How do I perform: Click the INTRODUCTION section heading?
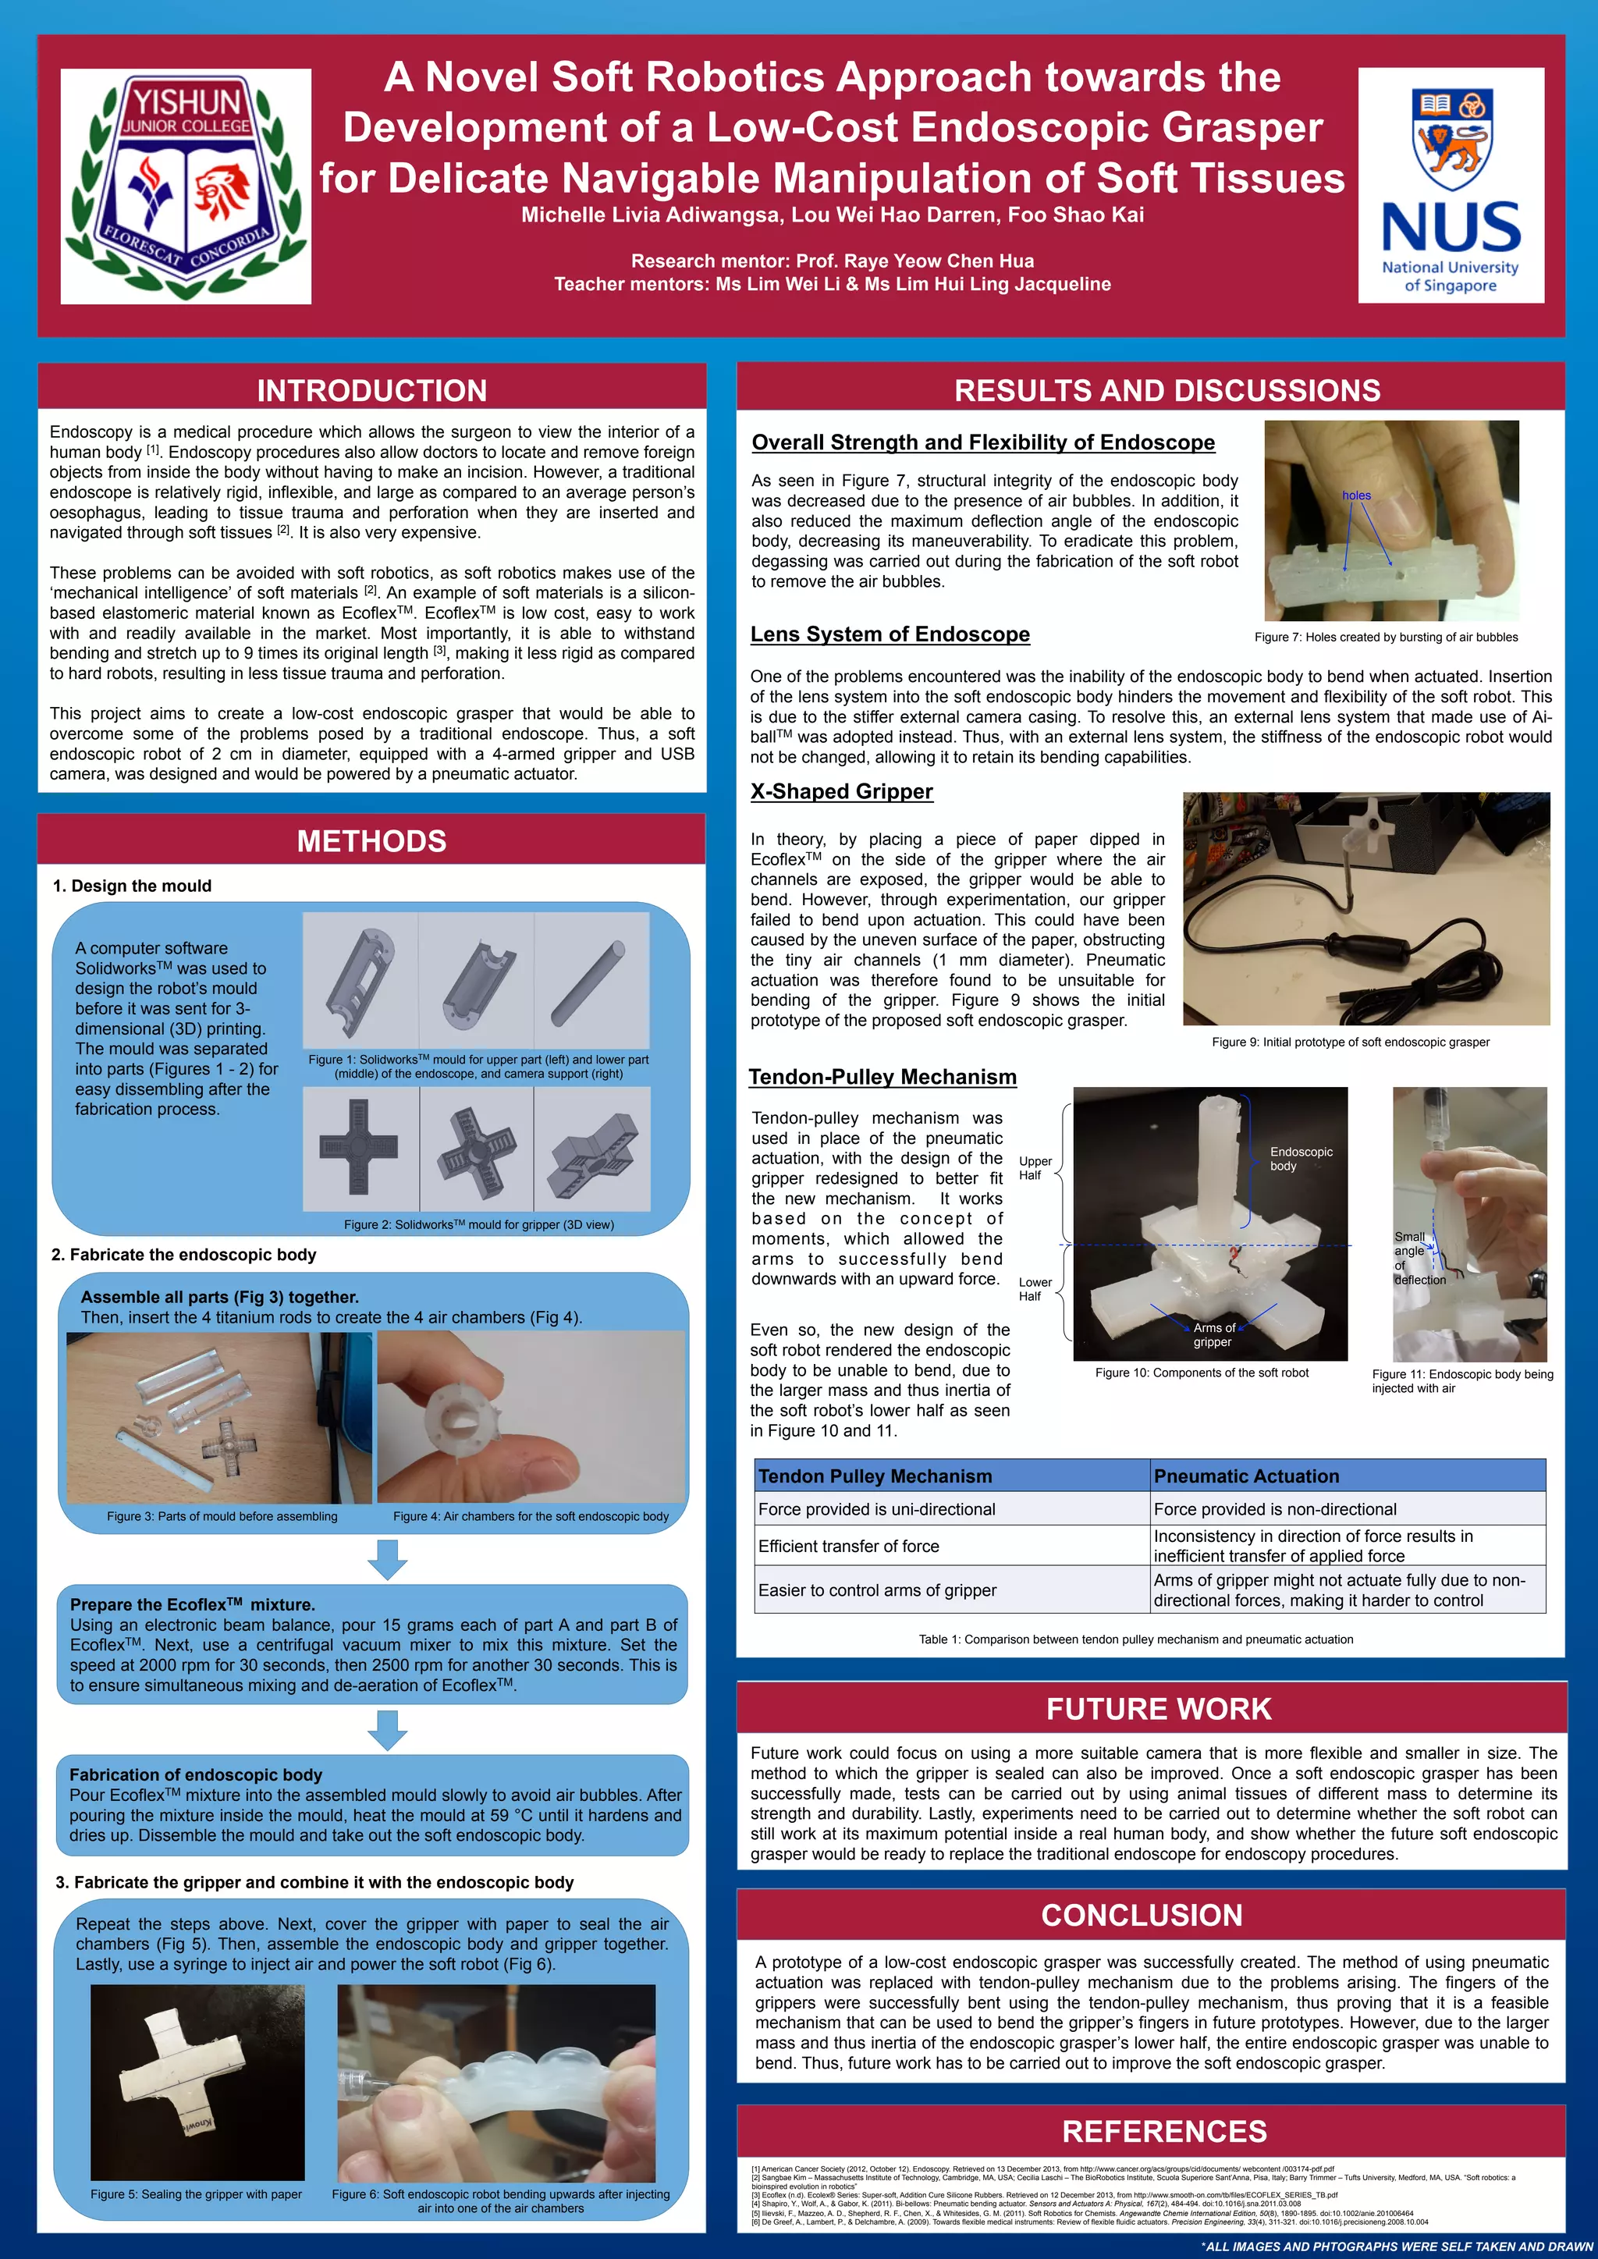[372, 391]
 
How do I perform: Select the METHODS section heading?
[372, 841]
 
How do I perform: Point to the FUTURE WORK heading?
[1158, 1709]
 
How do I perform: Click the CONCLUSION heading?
[1142, 1915]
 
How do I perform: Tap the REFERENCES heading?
[1164, 2131]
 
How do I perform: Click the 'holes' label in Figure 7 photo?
[1356, 495]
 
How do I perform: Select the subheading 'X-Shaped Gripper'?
[841, 792]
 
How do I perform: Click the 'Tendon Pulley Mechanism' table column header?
[875, 1476]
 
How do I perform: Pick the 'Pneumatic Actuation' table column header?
[1246, 1476]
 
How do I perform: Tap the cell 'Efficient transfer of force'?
[848, 1547]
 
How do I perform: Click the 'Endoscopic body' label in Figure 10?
[1300, 1159]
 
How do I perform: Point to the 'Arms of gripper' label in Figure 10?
[1213, 1335]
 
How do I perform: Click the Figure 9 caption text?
[1350, 1042]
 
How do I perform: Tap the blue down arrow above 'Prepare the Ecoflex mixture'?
[388, 1560]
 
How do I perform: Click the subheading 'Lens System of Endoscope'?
[890, 634]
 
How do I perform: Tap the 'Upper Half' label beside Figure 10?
[1034, 1168]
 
